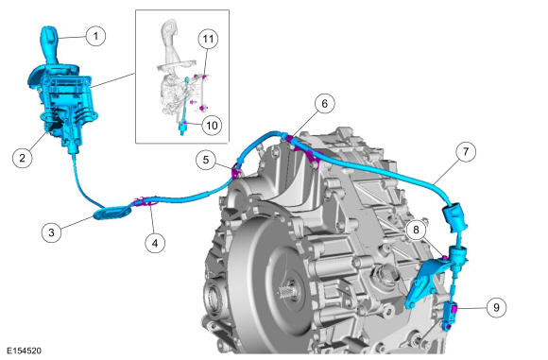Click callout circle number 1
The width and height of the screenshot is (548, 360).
pos(95,36)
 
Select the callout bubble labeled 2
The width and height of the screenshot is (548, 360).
pos(23,158)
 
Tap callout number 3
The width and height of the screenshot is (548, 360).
pos(51,232)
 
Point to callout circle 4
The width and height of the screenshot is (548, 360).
pos(155,243)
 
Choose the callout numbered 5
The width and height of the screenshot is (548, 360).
pos(206,160)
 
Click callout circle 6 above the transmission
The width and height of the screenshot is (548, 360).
pos(325,103)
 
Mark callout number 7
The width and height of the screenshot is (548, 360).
pos(466,151)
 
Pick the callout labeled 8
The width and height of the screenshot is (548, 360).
pos(416,230)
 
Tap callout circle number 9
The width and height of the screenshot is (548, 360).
pos(496,307)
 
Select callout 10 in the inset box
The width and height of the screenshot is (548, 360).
pos(213,125)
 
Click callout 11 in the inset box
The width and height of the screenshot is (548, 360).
pos(208,39)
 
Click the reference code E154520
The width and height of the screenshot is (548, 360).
pos(24,351)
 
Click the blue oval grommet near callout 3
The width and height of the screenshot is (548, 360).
pos(112,213)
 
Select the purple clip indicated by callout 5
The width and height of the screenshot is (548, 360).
pos(236,172)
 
